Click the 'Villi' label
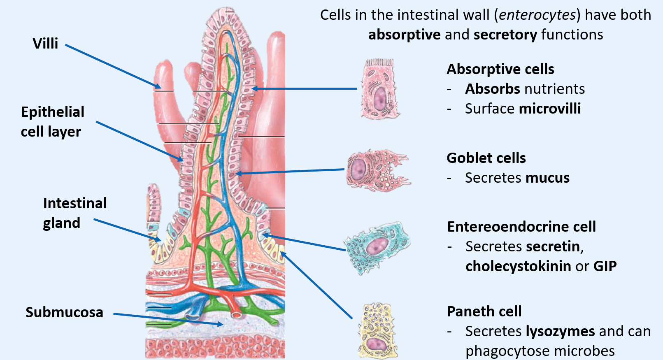pos(45,44)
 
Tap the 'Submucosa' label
pos(64,312)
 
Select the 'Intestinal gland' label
pos(75,213)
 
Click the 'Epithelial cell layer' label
pos(52,122)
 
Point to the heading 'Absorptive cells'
pos(500,69)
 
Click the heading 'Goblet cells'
pos(486,158)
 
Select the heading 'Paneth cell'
pos(484,311)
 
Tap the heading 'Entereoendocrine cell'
pos(521,227)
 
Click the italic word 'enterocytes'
pos(537,15)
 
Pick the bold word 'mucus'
pos(547,178)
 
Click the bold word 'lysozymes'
pos(561,331)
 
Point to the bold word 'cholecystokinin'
pos(518,266)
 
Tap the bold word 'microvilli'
pos(550,109)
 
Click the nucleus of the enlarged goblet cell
pos(358,170)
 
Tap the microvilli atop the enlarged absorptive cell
pos(380,63)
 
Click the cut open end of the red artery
pos(236,315)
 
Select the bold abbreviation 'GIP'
pos(605,266)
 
